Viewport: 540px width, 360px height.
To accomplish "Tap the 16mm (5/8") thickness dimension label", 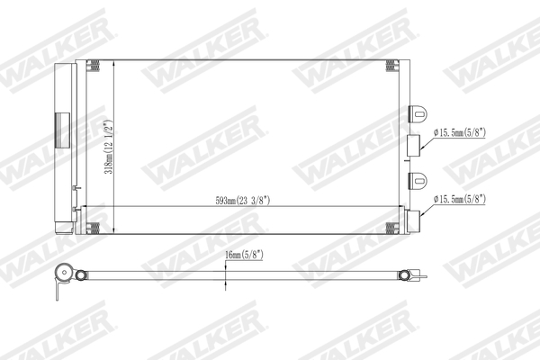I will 247,256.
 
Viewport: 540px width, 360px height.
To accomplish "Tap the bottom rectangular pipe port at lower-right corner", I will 412,220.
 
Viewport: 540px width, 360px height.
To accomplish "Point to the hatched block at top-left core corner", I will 94,65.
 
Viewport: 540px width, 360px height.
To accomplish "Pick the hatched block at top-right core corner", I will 391,65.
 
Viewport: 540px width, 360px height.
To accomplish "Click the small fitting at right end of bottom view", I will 408,275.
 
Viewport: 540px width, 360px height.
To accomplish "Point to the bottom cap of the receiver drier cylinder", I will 63,228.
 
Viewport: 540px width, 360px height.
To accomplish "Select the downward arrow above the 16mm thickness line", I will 225,265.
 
